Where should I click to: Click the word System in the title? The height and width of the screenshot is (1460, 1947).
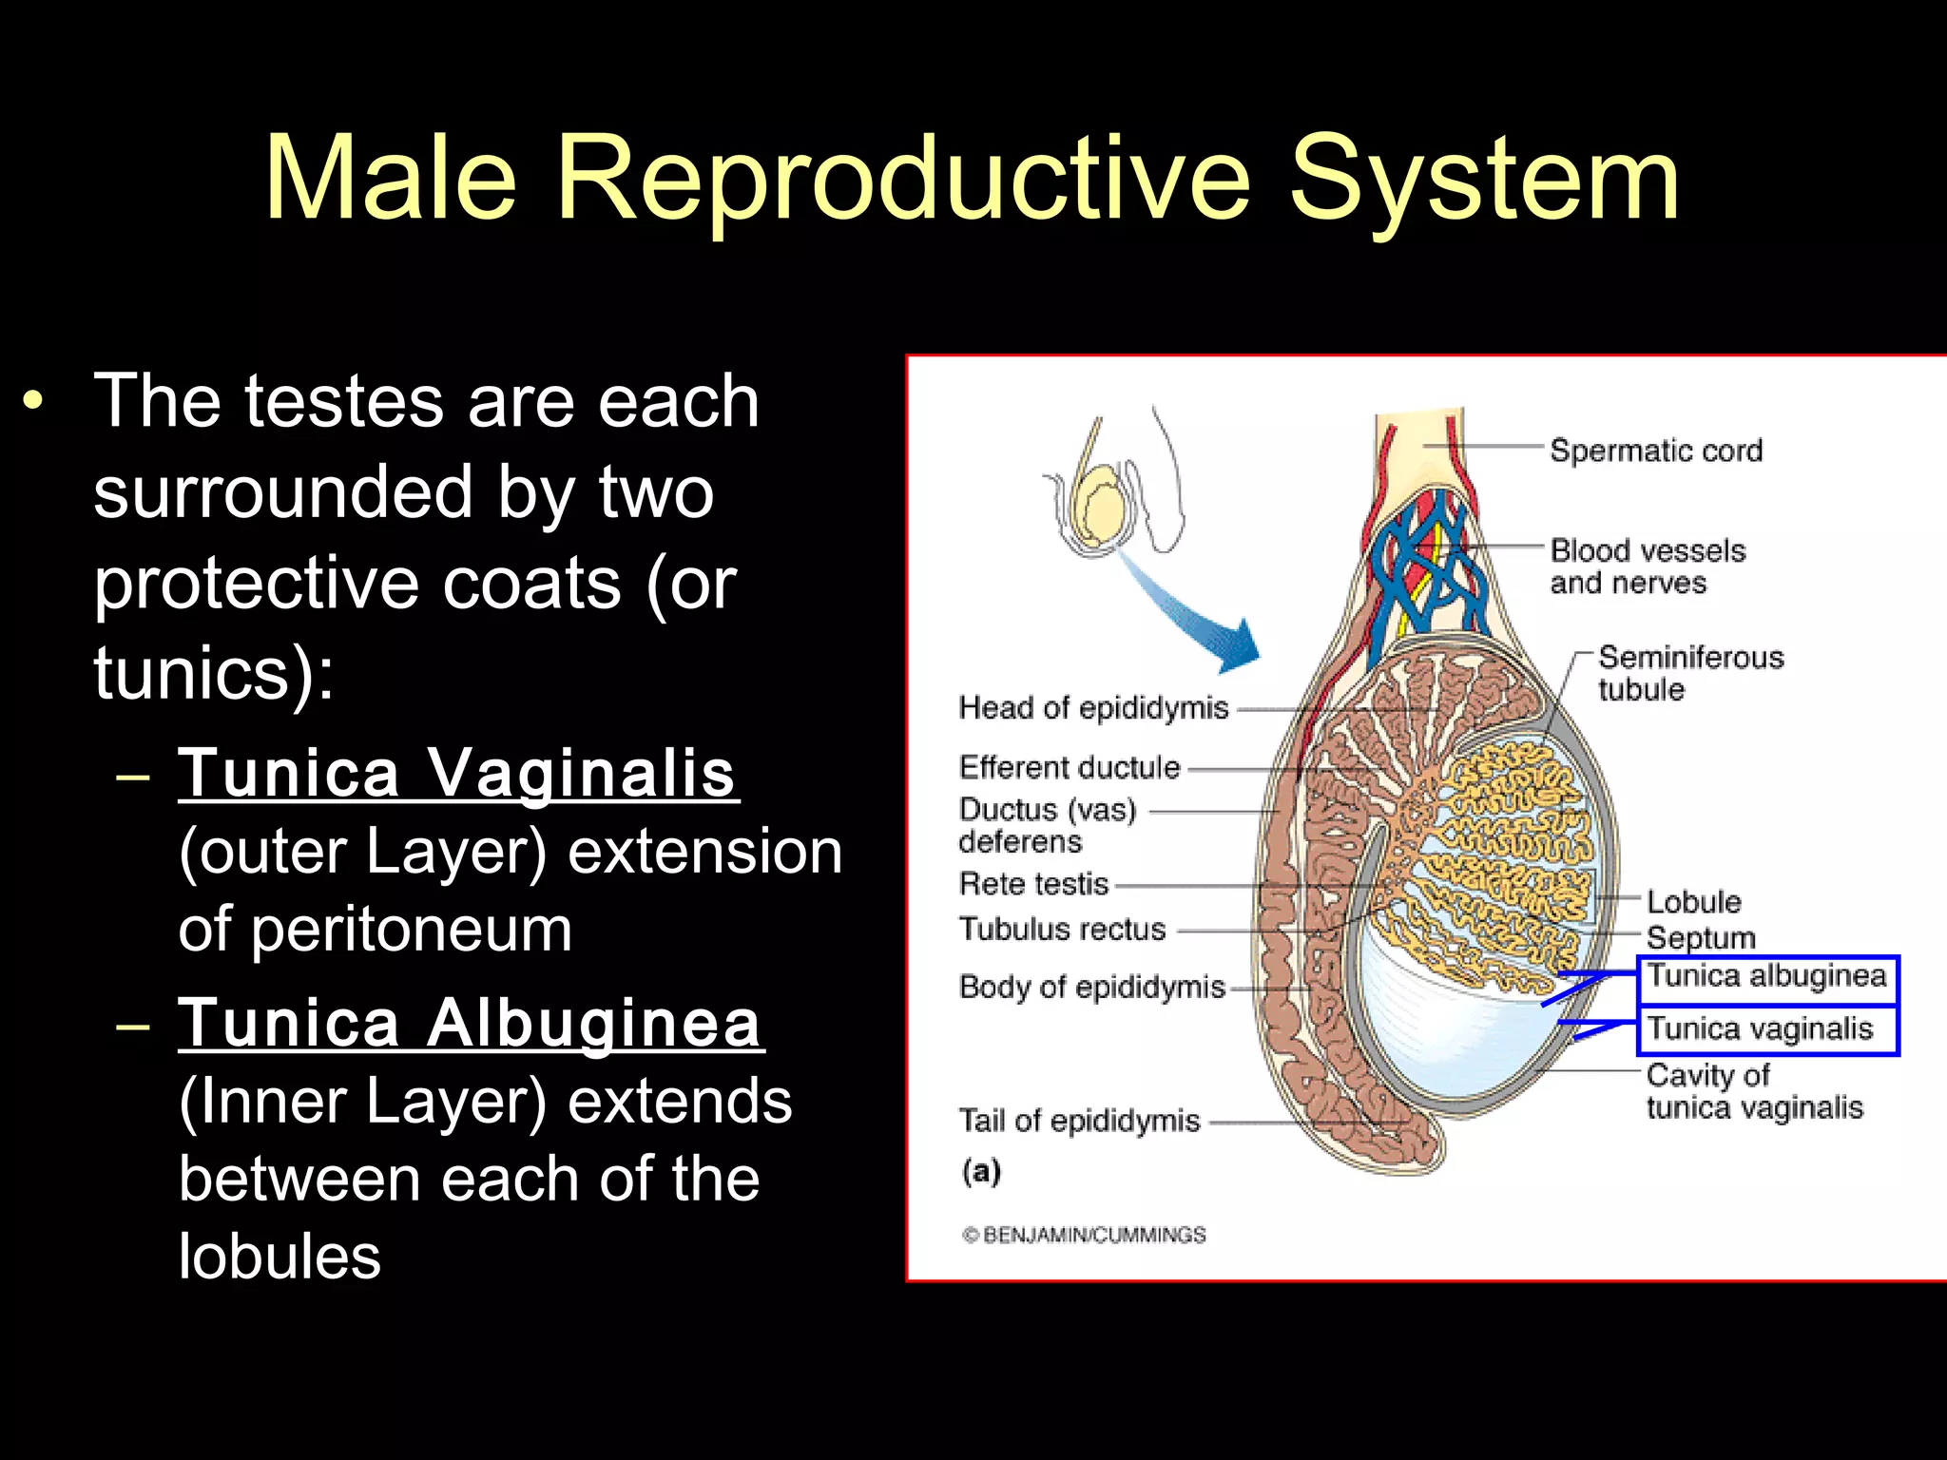click(x=1484, y=179)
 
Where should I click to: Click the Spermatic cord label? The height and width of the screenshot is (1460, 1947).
click(x=1655, y=450)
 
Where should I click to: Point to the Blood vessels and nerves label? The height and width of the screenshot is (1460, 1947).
click(x=1647, y=567)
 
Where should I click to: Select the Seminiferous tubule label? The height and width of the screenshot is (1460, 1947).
click(x=1689, y=673)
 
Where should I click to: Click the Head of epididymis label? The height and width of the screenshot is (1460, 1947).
click(x=1093, y=708)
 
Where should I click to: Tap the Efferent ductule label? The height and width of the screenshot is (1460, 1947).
click(x=1069, y=767)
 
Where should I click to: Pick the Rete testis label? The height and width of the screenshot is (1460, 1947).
click(x=1033, y=884)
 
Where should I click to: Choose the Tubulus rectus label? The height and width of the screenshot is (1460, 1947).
click(x=1062, y=929)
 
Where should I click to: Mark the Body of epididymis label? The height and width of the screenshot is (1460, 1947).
click(x=1091, y=988)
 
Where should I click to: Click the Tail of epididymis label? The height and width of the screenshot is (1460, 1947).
click(x=1079, y=1122)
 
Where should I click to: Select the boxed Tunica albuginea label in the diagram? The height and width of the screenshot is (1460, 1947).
click(x=1766, y=977)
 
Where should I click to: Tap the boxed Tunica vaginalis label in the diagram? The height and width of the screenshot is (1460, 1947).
click(x=1760, y=1029)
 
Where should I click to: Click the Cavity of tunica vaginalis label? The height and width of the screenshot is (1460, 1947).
click(x=1754, y=1091)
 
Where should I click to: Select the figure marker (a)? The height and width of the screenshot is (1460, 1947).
click(x=981, y=1171)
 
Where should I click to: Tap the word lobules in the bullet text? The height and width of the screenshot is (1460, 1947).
click(x=280, y=1257)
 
